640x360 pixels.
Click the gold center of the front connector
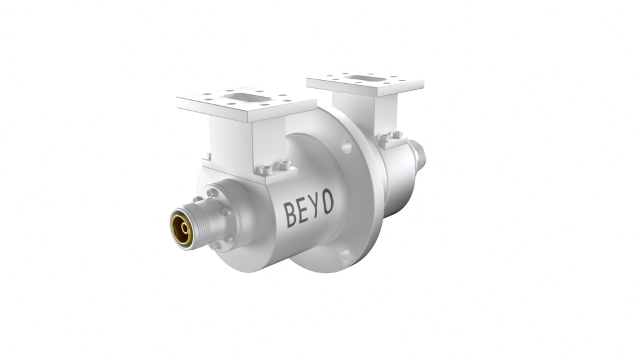tap(182, 229)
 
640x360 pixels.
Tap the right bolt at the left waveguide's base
tap(286, 165)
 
